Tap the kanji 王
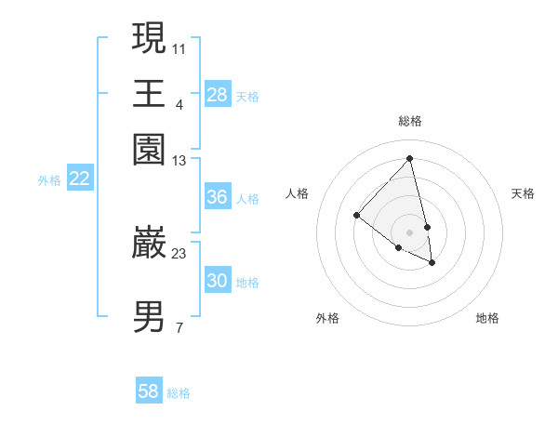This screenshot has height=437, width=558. (150, 93)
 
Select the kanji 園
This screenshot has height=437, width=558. (150, 150)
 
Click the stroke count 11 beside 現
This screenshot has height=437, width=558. (179, 47)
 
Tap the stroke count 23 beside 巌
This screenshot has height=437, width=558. (179, 253)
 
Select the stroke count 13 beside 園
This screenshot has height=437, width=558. (179, 161)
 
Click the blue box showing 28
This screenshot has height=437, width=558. (218, 94)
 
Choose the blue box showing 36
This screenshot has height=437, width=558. (218, 197)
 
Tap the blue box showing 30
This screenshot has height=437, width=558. (218, 281)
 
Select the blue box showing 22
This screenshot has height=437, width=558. (79, 179)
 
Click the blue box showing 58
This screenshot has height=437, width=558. (149, 391)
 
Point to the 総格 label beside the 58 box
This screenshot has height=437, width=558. (179, 393)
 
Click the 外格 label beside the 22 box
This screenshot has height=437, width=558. (49, 180)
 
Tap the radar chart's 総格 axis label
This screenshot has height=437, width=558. (410, 121)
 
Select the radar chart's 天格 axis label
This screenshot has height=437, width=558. (523, 193)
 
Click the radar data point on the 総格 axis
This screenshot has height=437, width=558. (410, 158)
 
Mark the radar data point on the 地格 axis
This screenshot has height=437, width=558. (432, 263)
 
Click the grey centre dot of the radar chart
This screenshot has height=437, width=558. (410, 232)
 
